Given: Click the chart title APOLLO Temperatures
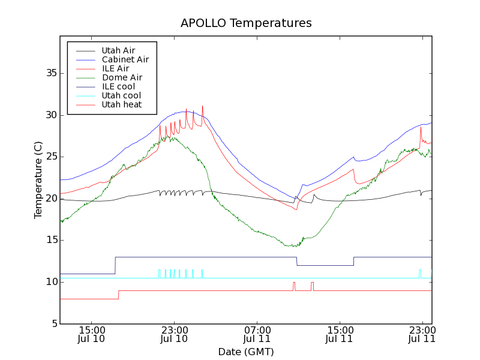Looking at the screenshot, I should tap(246, 23).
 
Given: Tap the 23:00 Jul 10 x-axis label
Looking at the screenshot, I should tap(174, 334).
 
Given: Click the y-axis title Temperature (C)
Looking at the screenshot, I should tap(38, 180).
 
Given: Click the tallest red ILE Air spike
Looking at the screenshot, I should tap(203, 107).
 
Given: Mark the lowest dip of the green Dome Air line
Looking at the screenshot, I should tap(292, 246).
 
